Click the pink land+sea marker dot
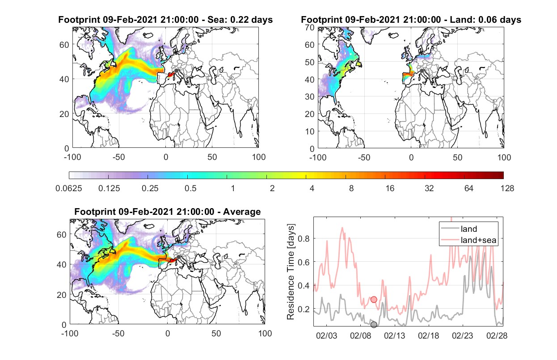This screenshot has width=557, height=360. pyautogui.click(x=374, y=300)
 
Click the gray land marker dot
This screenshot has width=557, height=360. pyautogui.click(x=374, y=325)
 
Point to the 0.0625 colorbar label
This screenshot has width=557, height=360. pyautogui.click(x=69, y=188)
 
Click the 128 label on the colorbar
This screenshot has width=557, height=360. pyautogui.click(x=507, y=188)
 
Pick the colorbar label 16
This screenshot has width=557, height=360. pyautogui.click(x=390, y=188)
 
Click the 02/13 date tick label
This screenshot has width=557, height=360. pyautogui.click(x=394, y=335)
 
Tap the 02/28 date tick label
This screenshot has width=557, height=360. pyautogui.click(x=497, y=335)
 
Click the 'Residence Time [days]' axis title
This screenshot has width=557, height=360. pyautogui.click(x=291, y=272)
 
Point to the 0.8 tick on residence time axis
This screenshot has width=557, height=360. pyautogui.click(x=304, y=239)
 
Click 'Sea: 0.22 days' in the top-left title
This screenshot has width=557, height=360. pyautogui.click(x=240, y=20)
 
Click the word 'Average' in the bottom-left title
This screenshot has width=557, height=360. pyautogui.click(x=242, y=212)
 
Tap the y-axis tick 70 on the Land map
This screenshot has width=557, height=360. pyautogui.click(x=310, y=27)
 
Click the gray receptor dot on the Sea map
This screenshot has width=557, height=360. pyautogui.click(x=176, y=71)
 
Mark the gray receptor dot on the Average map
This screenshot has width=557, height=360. pyautogui.click(x=178, y=257)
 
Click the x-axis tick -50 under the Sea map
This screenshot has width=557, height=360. pyautogui.click(x=118, y=157)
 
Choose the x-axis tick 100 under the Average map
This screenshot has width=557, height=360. pyautogui.click(x=265, y=333)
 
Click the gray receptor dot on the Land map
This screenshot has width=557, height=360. pyautogui.click(x=422, y=71)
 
